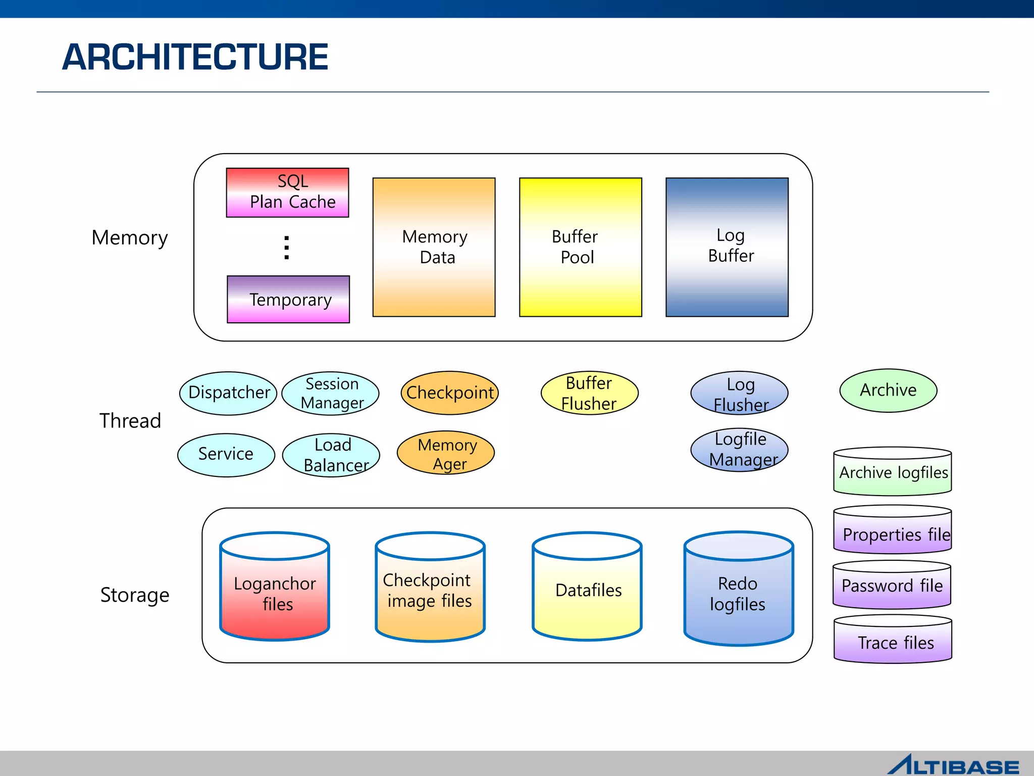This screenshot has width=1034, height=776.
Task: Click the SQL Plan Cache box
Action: point(287,192)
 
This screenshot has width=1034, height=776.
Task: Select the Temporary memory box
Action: point(288,299)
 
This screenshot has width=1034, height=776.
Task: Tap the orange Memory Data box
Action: point(434,247)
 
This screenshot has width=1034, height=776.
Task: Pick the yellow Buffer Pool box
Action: point(580,247)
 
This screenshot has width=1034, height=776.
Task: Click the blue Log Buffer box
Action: point(727,247)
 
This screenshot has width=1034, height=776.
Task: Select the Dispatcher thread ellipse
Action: point(228,393)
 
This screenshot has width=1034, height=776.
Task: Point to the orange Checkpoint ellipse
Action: point(449,393)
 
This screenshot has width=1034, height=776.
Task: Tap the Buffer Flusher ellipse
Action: point(589,393)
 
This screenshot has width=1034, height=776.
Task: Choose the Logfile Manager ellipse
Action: point(739,450)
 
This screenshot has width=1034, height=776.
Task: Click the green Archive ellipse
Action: point(888,390)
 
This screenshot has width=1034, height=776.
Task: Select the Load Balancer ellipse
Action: point(331,455)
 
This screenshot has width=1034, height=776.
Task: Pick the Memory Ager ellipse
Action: point(446,453)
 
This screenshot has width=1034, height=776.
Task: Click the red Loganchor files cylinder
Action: point(275,591)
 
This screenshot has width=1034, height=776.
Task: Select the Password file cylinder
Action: point(892,585)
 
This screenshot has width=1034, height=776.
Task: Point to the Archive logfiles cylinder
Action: point(893,472)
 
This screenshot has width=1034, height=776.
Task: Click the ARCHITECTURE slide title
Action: point(195,57)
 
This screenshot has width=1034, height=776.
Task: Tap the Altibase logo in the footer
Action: point(953,765)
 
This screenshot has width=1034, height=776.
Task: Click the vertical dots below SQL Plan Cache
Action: point(287,248)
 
